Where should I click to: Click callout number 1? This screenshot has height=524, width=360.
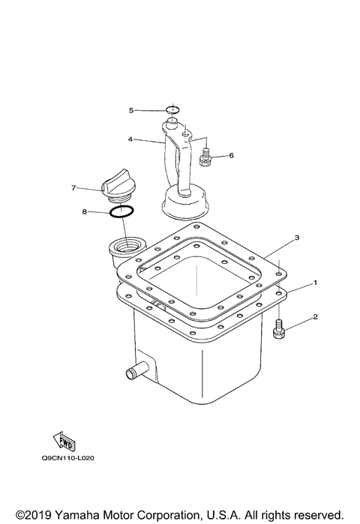click(x=316, y=283)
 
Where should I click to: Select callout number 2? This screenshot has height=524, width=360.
click(x=316, y=317)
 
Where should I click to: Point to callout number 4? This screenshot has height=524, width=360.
click(x=130, y=139)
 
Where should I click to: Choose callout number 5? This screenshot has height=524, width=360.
click(x=130, y=110)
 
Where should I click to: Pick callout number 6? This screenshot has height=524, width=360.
click(x=231, y=156)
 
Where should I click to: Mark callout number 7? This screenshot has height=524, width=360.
click(x=73, y=187)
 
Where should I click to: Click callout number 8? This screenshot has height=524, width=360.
click(x=84, y=212)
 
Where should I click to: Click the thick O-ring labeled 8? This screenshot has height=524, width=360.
click(x=122, y=213)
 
